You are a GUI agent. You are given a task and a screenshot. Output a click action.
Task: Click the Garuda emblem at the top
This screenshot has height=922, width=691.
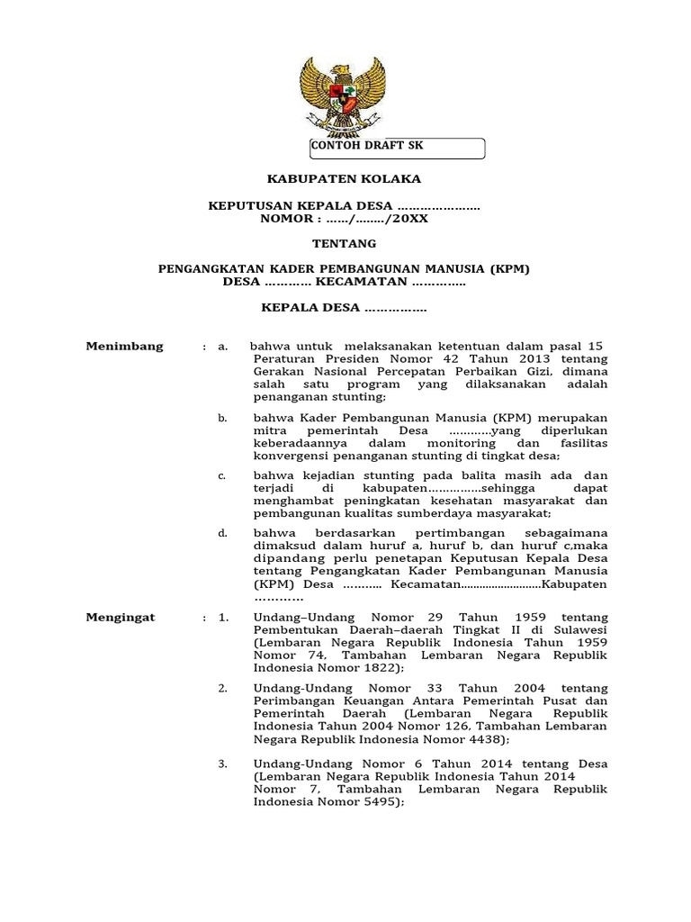[x=343, y=95]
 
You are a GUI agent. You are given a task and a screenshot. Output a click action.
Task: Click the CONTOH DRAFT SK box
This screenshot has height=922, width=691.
[x=397, y=148]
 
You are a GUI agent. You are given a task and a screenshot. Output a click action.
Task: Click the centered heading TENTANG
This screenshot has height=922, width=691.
[x=344, y=243]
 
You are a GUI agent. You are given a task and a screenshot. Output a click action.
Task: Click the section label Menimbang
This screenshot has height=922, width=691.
[x=124, y=347]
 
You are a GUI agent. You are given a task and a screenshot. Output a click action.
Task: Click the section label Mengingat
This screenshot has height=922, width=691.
[x=121, y=618]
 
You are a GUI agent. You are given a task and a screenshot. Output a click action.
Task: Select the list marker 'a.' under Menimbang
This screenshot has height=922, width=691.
[x=222, y=347]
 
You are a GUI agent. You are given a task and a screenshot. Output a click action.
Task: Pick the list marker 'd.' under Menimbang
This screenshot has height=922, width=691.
[x=222, y=534]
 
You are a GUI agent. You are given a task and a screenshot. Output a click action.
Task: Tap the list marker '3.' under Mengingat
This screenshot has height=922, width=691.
[x=222, y=764]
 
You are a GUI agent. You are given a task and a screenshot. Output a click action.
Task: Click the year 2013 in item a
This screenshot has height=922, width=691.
[x=533, y=359]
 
